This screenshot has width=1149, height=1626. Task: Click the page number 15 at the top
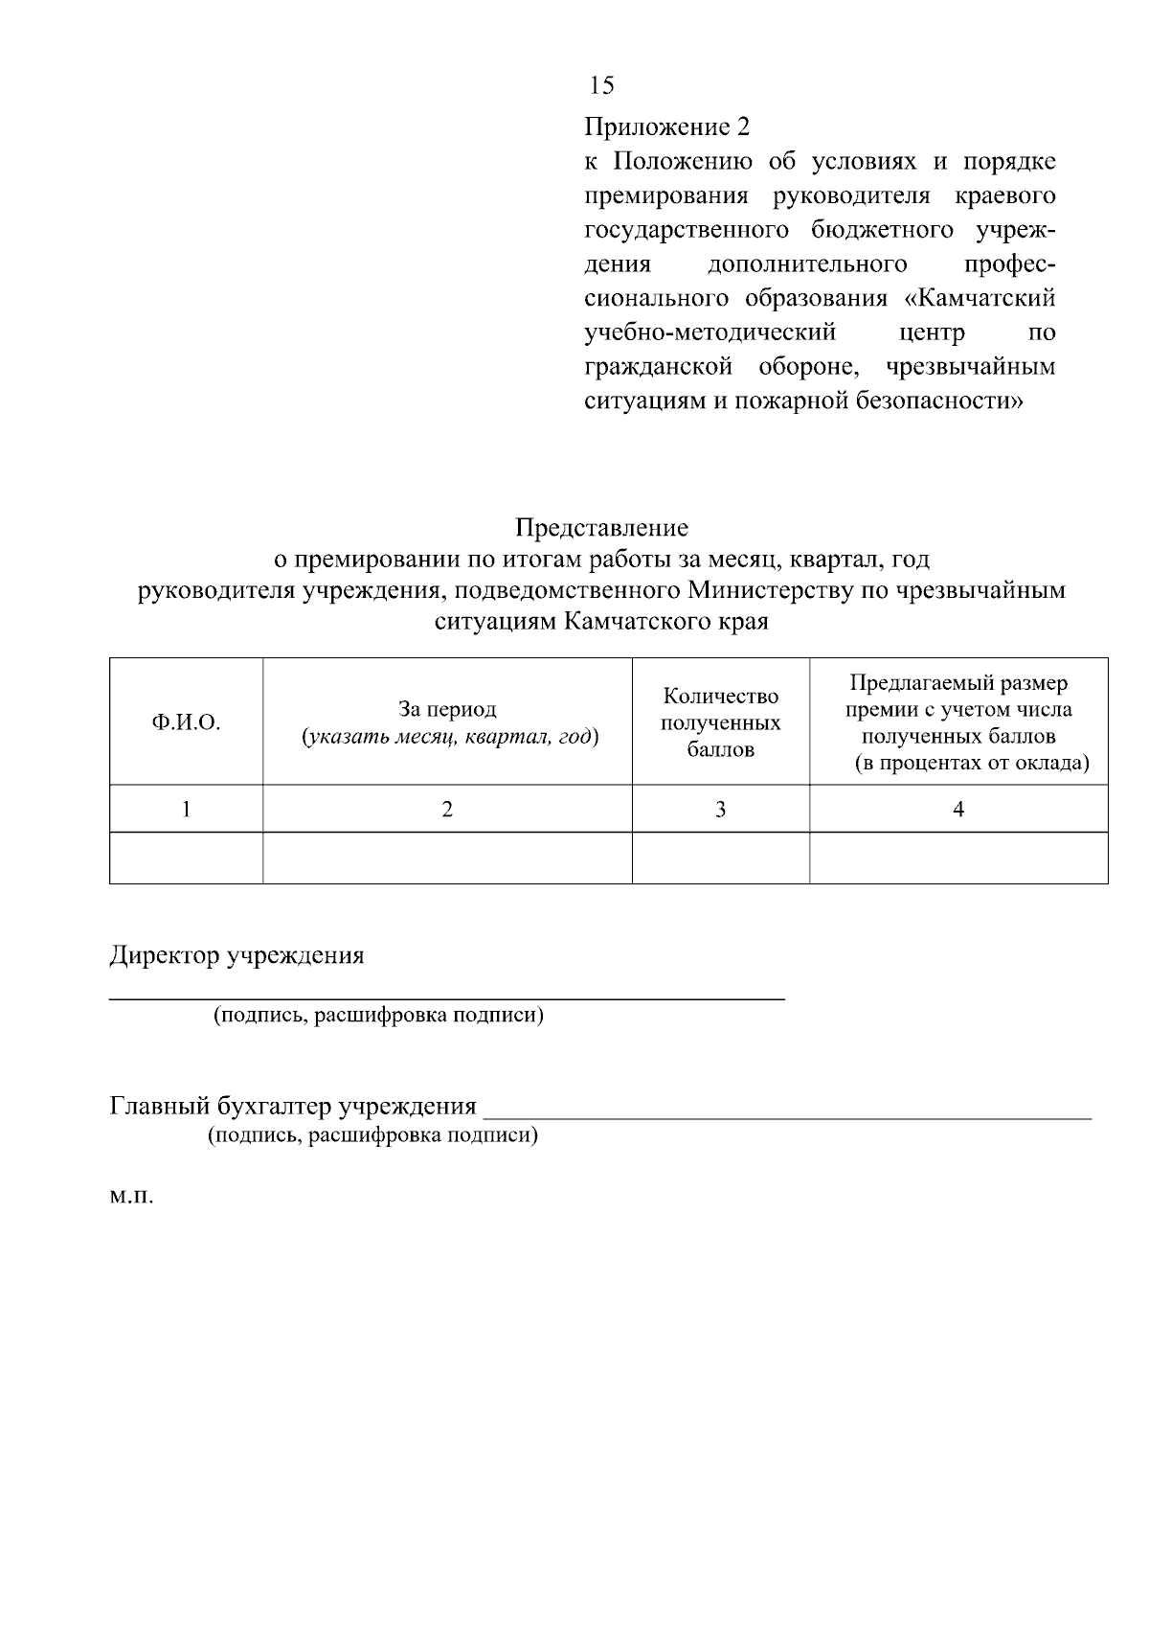point(601,86)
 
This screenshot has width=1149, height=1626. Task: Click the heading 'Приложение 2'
point(666,127)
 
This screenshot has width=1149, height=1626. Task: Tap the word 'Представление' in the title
point(601,528)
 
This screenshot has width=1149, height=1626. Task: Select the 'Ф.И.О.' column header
point(186,722)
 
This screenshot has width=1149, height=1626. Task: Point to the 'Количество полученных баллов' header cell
point(720,722)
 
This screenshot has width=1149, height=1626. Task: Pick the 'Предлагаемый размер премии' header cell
point(958,722)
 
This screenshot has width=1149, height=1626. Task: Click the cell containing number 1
point(186,810)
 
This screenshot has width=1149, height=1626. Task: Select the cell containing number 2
point(447,810)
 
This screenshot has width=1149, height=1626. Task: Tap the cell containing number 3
point(720,810)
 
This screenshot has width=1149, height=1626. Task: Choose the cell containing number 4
point(958,810)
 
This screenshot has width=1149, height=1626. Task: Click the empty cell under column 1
point(186,858)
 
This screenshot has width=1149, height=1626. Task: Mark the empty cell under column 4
point(958,858)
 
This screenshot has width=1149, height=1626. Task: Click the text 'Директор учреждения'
point(237,956)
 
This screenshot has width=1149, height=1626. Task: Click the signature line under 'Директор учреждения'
point(446,999)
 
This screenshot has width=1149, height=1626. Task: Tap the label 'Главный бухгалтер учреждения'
point(293,1107)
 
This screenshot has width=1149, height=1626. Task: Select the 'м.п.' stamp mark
point(130,1198)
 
